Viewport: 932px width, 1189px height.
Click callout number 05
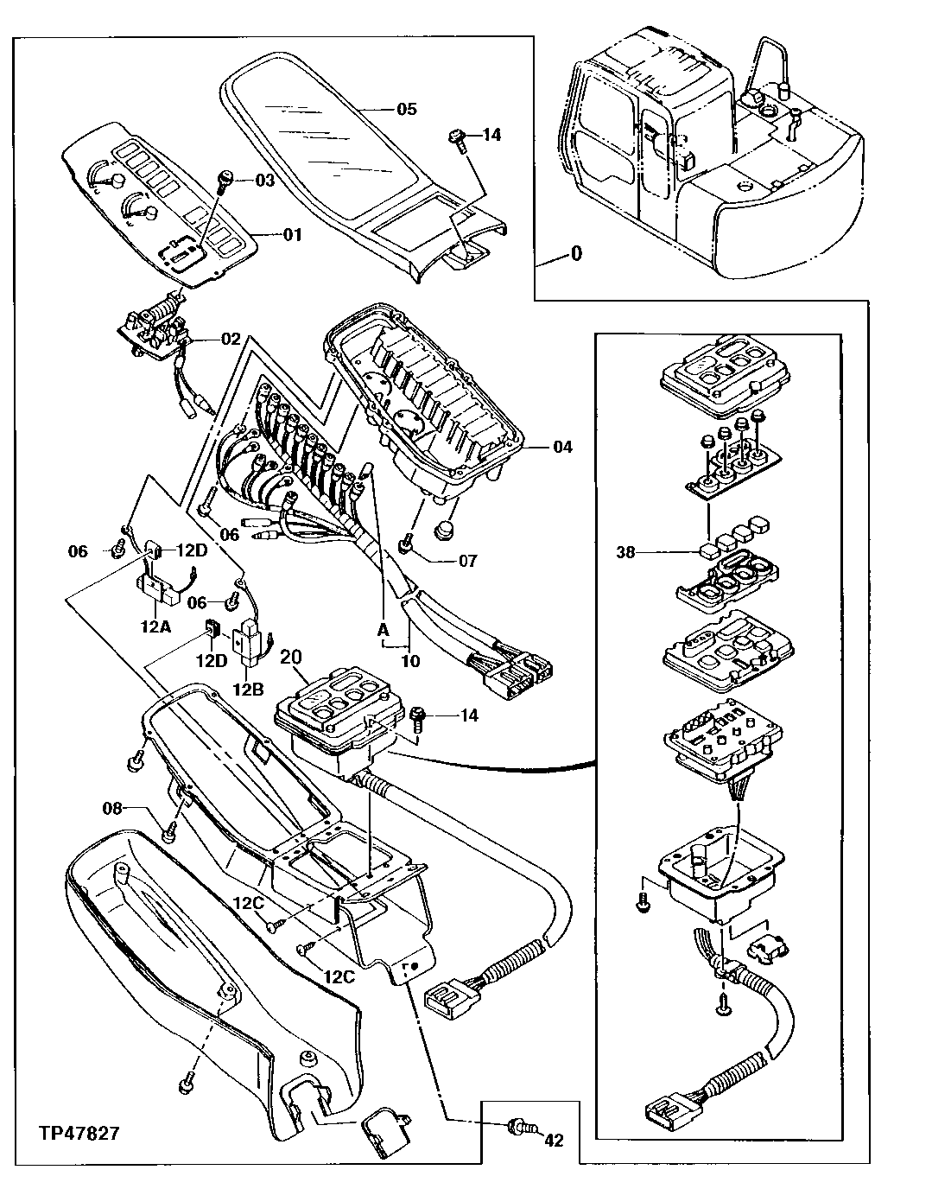406,109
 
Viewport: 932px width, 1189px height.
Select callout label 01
293,235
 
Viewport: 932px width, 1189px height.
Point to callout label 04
562,447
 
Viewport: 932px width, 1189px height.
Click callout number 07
467,561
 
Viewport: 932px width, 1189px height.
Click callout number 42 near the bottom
554,1141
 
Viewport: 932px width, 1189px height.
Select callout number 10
410,661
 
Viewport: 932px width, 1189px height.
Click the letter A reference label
382,630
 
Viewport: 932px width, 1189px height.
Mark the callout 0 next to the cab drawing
577,254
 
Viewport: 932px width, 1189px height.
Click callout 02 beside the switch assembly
231,340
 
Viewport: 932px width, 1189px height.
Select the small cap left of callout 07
405,544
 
